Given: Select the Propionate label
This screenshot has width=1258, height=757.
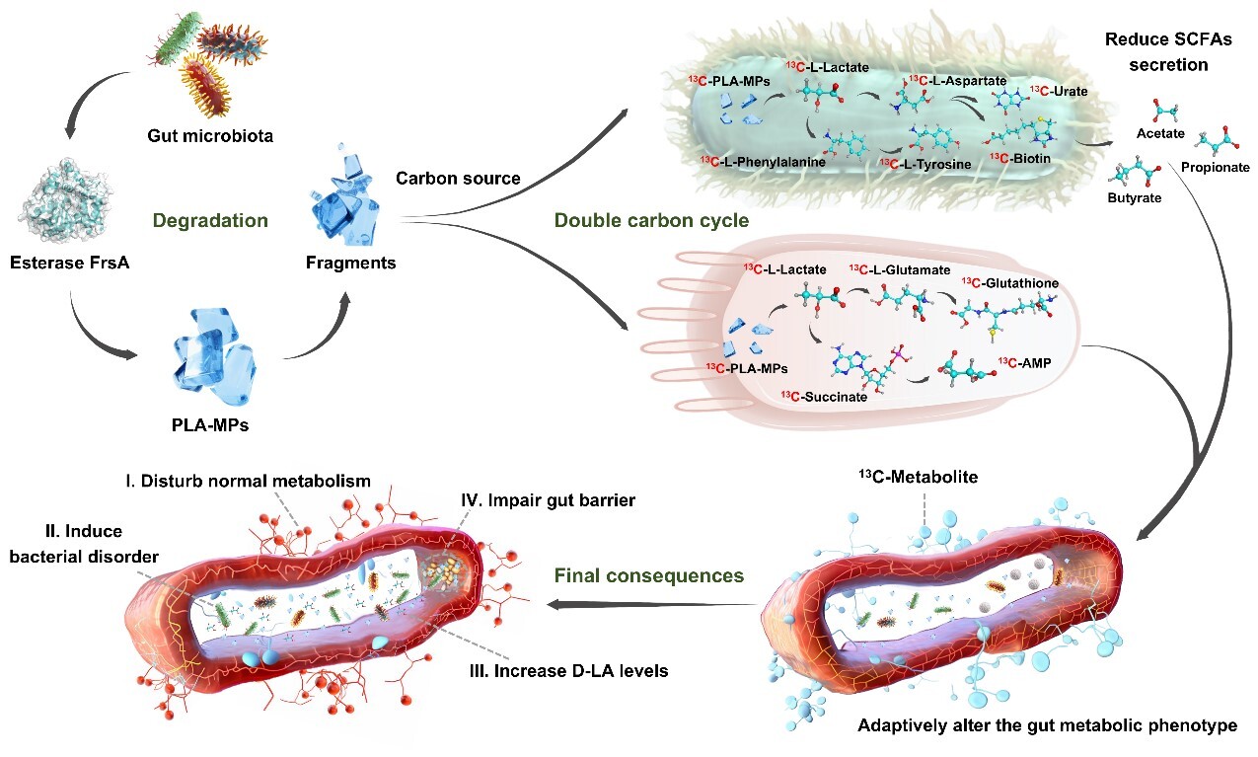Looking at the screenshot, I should (1215, 168).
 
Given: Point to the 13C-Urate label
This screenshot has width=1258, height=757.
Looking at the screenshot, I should (1058, 92).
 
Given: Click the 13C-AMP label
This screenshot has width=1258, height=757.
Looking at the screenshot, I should (1023, 362).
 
